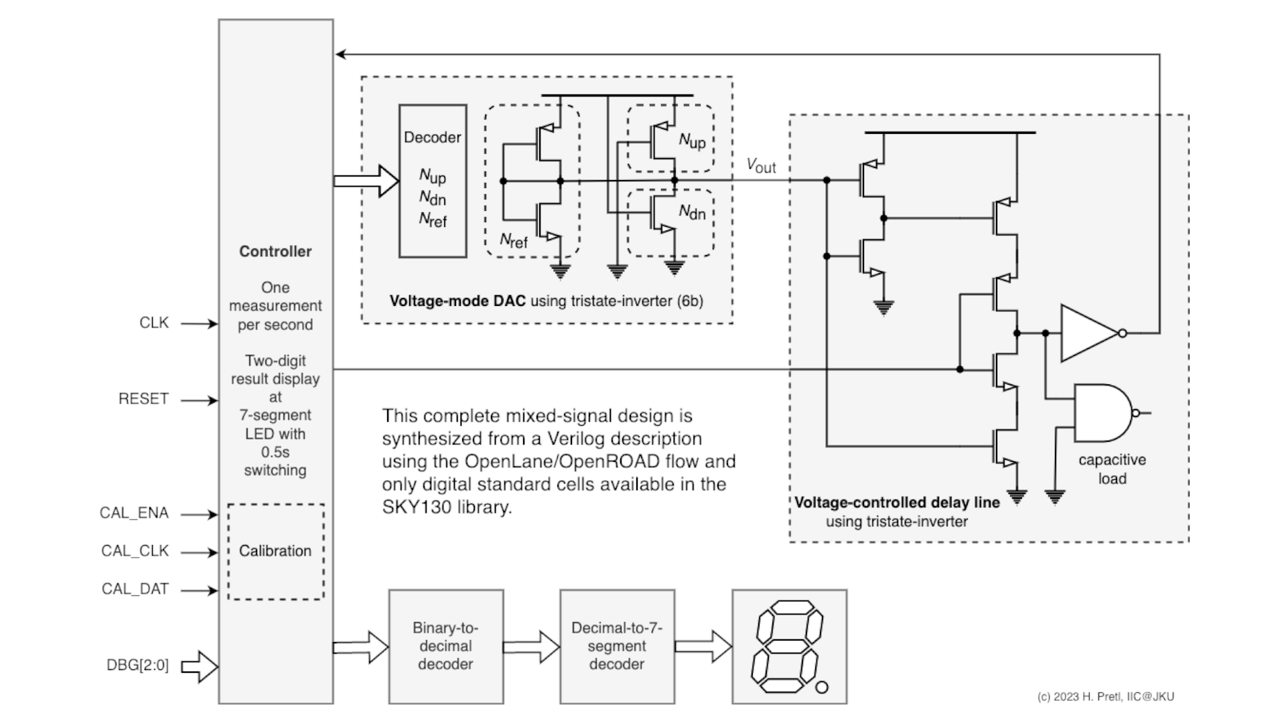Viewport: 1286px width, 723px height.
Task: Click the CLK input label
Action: pyautogui.click(x=154, y=323)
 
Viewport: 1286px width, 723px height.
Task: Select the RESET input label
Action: pyautogui.click(x=143, y=399)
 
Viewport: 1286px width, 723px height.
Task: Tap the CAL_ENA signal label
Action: pyautogui.click(x=134, y=513)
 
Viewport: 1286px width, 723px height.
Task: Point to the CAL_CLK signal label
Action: pyautogui.click(x=135, y=551)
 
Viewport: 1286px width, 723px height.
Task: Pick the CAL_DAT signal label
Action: pyautogui.click(x=135, y=589)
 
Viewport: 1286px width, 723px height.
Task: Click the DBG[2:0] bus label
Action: pyautogui.click(x=137, y=666)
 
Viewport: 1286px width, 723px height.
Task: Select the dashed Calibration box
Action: pyautogui.click(x=275, y=552)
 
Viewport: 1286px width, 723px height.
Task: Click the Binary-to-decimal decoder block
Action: pyautogui.click(x=445, y=646)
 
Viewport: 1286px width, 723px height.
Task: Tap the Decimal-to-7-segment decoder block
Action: pyautogui.click(x=617, y=646)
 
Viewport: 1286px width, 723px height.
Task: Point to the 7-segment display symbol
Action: pyautogui.click(x=789, y=646)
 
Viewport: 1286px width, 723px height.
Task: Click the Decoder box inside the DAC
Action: pyautogui.click(x=433, y=181)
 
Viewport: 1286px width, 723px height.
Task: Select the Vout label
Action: pyautogui.click(x=761, y=165)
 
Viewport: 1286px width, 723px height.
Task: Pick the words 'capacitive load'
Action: pyautogui.click(x=1112, y=469)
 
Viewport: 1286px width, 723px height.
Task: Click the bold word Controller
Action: pyautogui.click(x=275, y=252)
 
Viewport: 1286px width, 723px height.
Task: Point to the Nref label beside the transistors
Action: pyautogui.click(x=513, y=241)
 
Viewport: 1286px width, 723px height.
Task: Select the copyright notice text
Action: pyautogui.click(x=1105, y=697)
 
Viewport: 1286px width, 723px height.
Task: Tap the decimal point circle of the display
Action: pyautogui.click(x=822, y=688)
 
